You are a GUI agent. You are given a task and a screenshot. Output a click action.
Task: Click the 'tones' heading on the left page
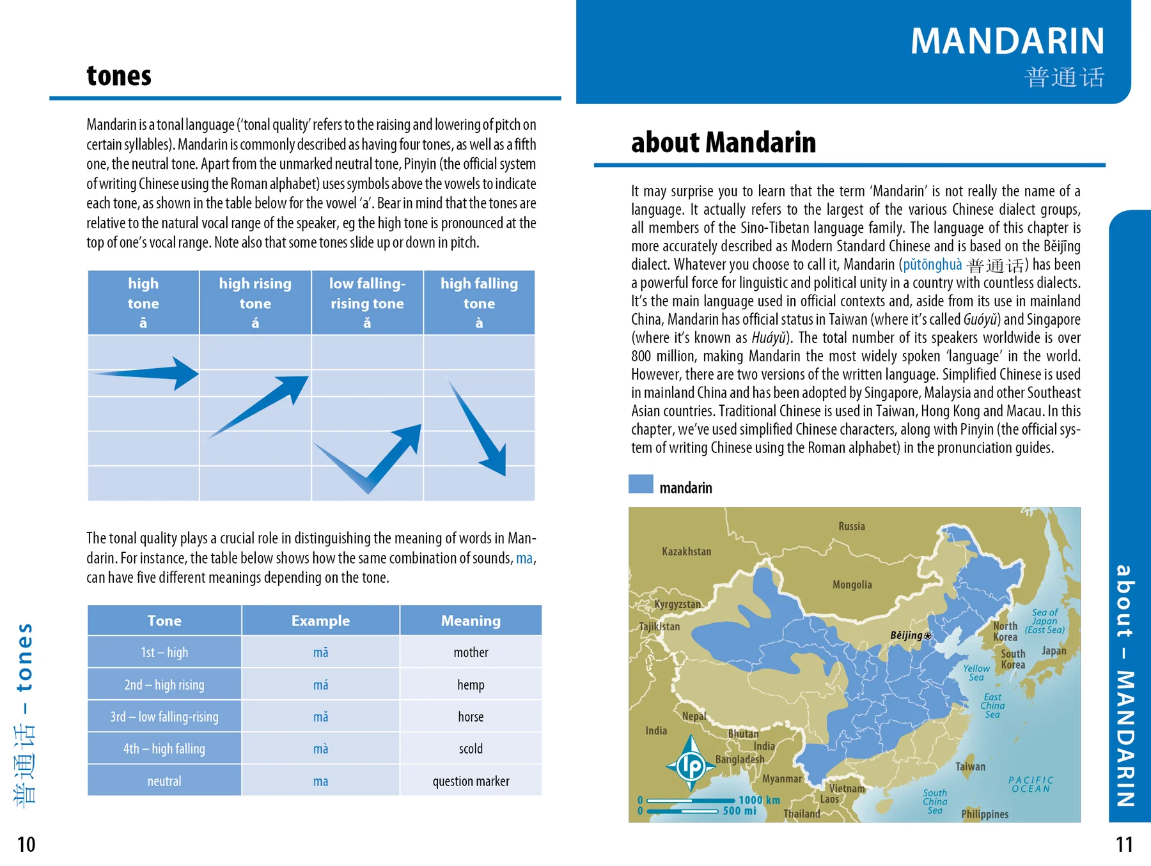[119, 75]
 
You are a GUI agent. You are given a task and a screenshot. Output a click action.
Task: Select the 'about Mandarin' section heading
[723, 142]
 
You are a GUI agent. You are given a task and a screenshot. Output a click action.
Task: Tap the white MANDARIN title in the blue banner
[1007, 41]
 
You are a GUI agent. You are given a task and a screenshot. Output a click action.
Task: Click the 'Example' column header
[320, 621]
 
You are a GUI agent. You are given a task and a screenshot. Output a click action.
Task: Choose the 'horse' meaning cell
[471, 717]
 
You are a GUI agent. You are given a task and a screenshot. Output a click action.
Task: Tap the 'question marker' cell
[471, 781]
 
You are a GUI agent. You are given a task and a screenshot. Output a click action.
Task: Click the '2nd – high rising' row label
[164, 685]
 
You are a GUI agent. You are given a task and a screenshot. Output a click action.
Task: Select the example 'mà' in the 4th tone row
[320, 749]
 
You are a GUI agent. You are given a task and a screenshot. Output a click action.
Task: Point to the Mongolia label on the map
[852, 585]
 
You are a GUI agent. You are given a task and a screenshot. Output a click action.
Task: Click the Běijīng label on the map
[906, 635]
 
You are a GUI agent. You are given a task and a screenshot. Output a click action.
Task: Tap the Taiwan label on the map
[970, 766]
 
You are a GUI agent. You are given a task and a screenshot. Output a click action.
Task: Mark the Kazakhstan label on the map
[686, 552]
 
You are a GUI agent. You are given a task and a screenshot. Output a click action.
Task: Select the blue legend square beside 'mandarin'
[641, 484]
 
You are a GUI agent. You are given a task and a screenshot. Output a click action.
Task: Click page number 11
[1124, 845]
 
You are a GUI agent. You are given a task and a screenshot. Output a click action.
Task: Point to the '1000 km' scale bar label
[759, 800]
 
